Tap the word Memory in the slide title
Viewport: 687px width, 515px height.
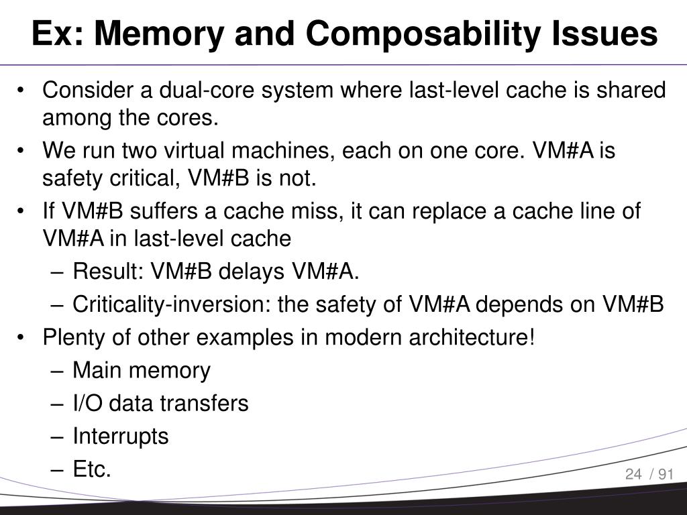152,34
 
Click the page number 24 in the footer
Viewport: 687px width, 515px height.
633,475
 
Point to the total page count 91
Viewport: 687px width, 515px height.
666,475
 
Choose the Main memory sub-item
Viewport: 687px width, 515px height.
141,370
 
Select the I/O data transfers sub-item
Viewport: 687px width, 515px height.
160,403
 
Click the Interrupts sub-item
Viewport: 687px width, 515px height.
121,437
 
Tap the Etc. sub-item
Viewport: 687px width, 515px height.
92,469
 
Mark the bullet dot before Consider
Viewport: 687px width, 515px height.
23,91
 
